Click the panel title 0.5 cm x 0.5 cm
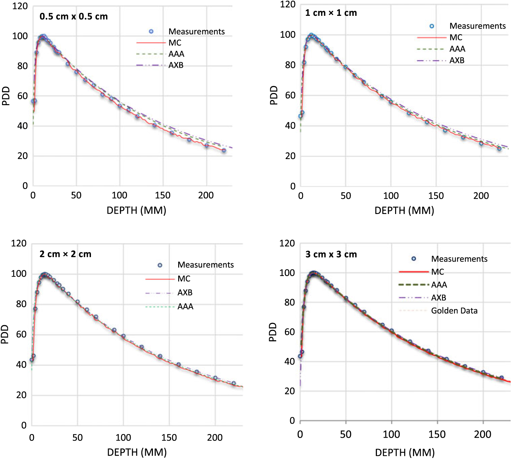click(x=73, y=17)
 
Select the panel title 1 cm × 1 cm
click(x=331, y=13)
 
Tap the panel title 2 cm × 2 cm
click(x=65, y=254)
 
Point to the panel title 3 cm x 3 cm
click(x=331, y=254)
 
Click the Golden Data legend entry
click(x=454, y=311)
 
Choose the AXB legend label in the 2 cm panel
click(x=185, y=293)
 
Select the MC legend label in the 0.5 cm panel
click(x=175, y=43)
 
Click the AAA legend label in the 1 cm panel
click(x=457, y=49)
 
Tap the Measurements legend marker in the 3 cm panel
click(x=414, y=259)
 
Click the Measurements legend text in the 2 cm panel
click(x=205, y=265)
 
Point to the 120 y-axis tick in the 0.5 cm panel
click(x=20, y=6)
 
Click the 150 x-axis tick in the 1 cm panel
click(x=436, y=196)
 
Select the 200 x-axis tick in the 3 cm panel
click(x=482, y=434)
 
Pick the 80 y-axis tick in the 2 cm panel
click(x=21, y=304)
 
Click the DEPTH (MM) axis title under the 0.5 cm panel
click(x=136, y=211)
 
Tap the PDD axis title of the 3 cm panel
click(x=273, y=332)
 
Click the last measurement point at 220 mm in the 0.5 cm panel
click(x=224, y=150)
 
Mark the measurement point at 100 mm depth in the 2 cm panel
click(x=123, y=336)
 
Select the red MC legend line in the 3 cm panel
click(x=414, y=272)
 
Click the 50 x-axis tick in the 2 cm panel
click(x=77, y=437)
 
